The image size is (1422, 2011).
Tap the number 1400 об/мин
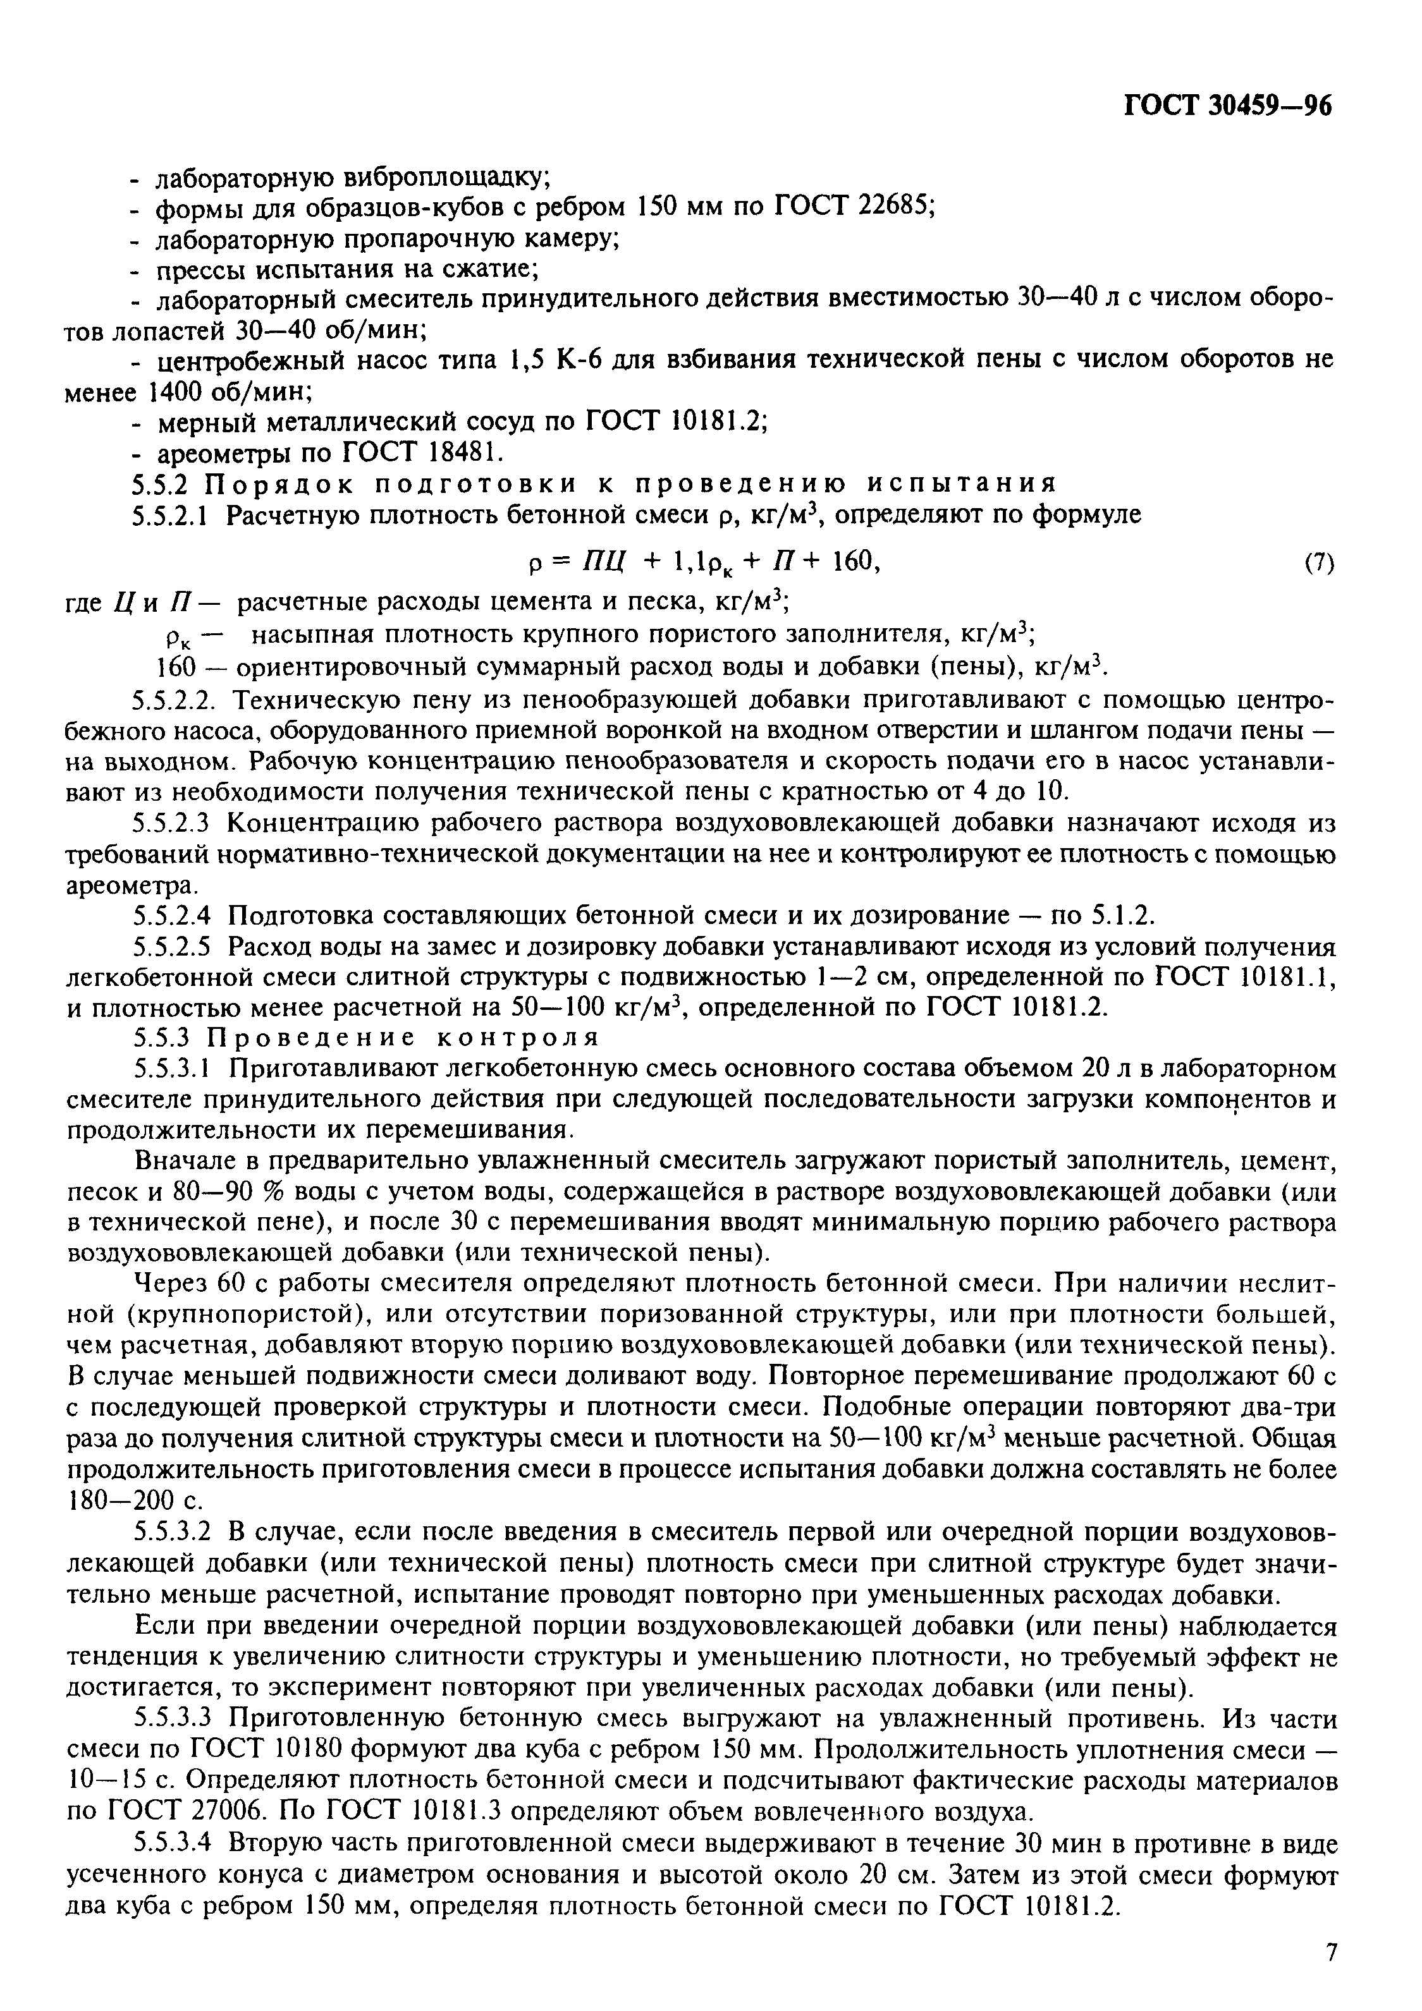[x=232, y=391]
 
